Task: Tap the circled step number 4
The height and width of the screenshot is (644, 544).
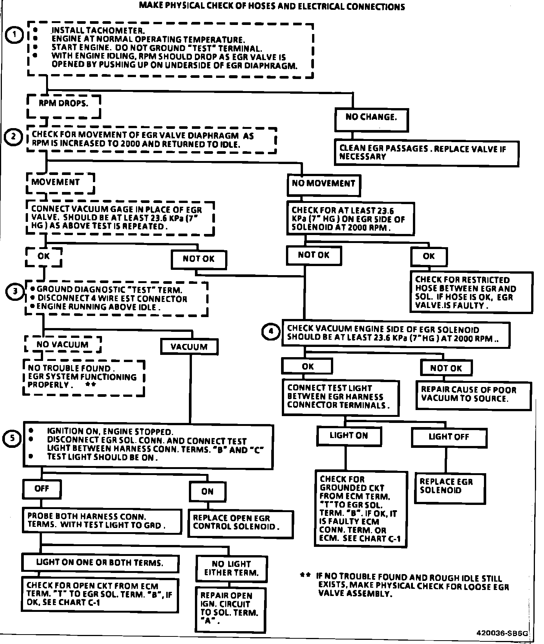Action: pos(270,331)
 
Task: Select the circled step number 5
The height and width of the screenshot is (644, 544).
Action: pos(12,439)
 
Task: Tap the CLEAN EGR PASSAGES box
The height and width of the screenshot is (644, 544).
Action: pos(426,153)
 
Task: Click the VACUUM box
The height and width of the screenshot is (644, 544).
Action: pos(189,347)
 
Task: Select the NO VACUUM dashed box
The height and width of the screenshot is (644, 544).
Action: pos(62,345)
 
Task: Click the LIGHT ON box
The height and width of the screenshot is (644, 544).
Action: pos(349,436)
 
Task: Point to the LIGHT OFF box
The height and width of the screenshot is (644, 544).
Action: pos(449,437)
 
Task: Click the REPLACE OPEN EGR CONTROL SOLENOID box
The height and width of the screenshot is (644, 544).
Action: pos(240,523)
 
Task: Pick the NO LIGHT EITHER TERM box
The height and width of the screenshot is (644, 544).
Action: pos(231,569)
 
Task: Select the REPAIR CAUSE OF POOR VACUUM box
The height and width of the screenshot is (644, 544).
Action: pos(473,395)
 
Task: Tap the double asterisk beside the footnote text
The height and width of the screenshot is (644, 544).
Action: pos(305,576)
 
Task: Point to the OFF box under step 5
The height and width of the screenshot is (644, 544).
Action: pos(42,489)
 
